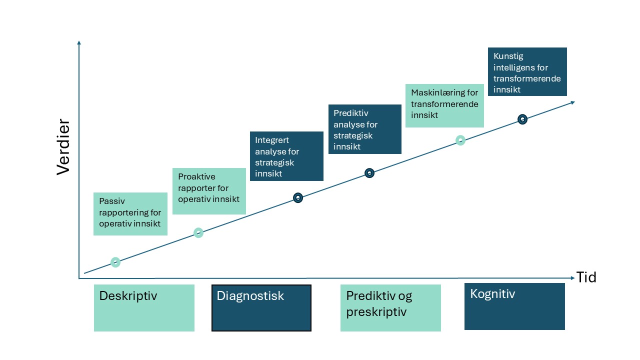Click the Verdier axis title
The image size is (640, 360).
tap(63, 146)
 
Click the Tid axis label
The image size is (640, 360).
tap(586, 277)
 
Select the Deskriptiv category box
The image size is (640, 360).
tap(144, 307)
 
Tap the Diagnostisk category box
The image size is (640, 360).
tap(261, 307)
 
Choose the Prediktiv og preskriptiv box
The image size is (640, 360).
tap(390, 307)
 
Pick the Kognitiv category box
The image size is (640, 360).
tap(514, 306)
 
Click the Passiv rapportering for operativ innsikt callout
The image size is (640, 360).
tap(130, 213)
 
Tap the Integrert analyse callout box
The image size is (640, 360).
tap(286, 156)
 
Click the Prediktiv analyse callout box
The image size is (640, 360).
tap(364, 129)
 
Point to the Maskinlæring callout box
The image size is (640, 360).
tap(444, 105)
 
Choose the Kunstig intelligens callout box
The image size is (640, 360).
tap(527, 71)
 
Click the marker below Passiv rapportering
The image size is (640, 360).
tap(115, 262)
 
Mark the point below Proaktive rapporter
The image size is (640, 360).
tap(198, 232)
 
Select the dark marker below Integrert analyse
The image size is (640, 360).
tap(298, 197)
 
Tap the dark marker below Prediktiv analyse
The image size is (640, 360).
tap(369, 173)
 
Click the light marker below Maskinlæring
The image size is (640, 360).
tap(460, 140)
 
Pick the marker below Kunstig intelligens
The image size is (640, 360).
tap(522, 119)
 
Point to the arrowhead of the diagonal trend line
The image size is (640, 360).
tap(572, 102)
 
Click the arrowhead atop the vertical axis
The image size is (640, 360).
tap(79, 43)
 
